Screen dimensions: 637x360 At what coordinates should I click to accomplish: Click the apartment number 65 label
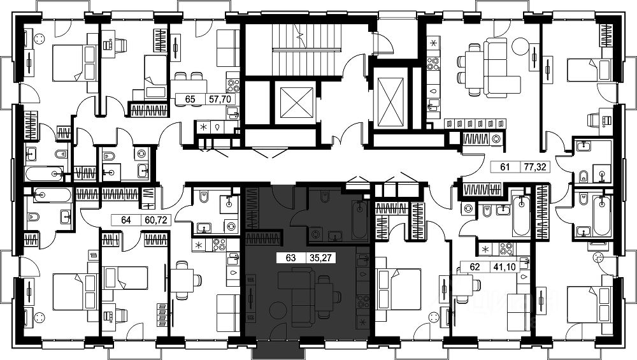(x=190, y=99)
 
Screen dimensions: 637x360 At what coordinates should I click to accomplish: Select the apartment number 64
(x=125, y=220)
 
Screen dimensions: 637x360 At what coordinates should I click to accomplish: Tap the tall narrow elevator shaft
(x=390, y=101)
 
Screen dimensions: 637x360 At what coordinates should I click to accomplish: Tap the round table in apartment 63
(x=278, y=311)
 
